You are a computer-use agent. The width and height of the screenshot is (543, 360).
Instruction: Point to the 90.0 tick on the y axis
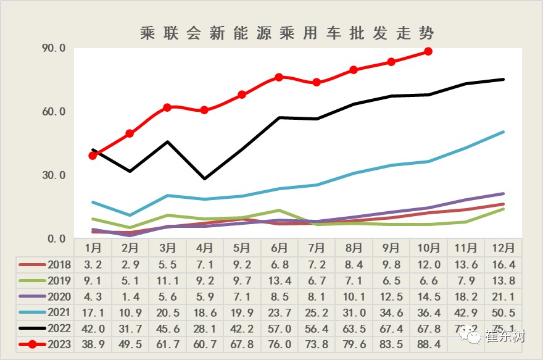[x=53, y=48]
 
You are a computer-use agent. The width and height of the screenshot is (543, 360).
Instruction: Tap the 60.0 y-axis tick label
[x=53, y=112]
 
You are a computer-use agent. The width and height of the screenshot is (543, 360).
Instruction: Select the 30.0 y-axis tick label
[x=53, y=175]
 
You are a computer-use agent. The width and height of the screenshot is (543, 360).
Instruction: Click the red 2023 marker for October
[x=428, y=51]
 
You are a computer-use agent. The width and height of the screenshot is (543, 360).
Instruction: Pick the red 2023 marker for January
[x=93, y=156]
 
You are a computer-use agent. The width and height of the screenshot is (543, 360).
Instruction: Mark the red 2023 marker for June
[x=279, y=77]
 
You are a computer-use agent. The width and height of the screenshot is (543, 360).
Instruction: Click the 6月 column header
[x=279, y=248]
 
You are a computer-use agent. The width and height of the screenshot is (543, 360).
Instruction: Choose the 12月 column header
[x=504, y=248]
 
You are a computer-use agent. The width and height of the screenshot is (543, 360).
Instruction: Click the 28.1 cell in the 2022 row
[x=204, y=329]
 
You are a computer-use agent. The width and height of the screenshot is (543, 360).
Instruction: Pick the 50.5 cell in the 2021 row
[x=504, y=312]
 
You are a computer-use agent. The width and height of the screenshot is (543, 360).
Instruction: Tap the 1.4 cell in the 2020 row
[x=130, y=296]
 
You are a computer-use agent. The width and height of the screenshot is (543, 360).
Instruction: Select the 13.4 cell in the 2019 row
[x=279, y=280]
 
